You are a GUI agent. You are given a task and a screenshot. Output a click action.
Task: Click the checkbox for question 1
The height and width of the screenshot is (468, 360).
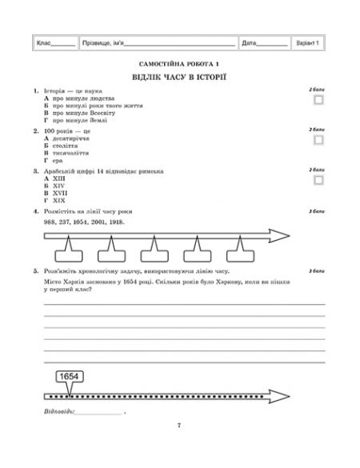tap(319, 100)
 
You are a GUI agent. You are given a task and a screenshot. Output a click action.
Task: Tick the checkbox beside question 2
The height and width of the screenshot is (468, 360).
tap(319, 139)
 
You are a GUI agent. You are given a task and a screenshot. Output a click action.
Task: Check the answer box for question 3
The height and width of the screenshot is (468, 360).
tap(319, 180)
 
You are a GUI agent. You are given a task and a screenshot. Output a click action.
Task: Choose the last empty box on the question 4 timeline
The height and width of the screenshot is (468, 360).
tap(241, 255)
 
